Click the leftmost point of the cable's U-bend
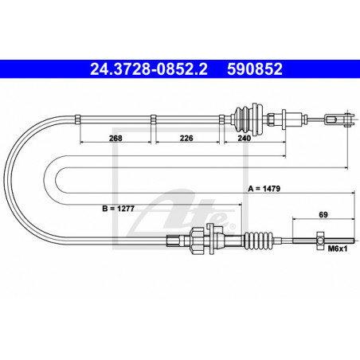(6, 178)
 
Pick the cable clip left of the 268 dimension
(78, 119)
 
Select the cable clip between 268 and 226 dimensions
(152, 119)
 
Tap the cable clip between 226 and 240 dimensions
(221, 119)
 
